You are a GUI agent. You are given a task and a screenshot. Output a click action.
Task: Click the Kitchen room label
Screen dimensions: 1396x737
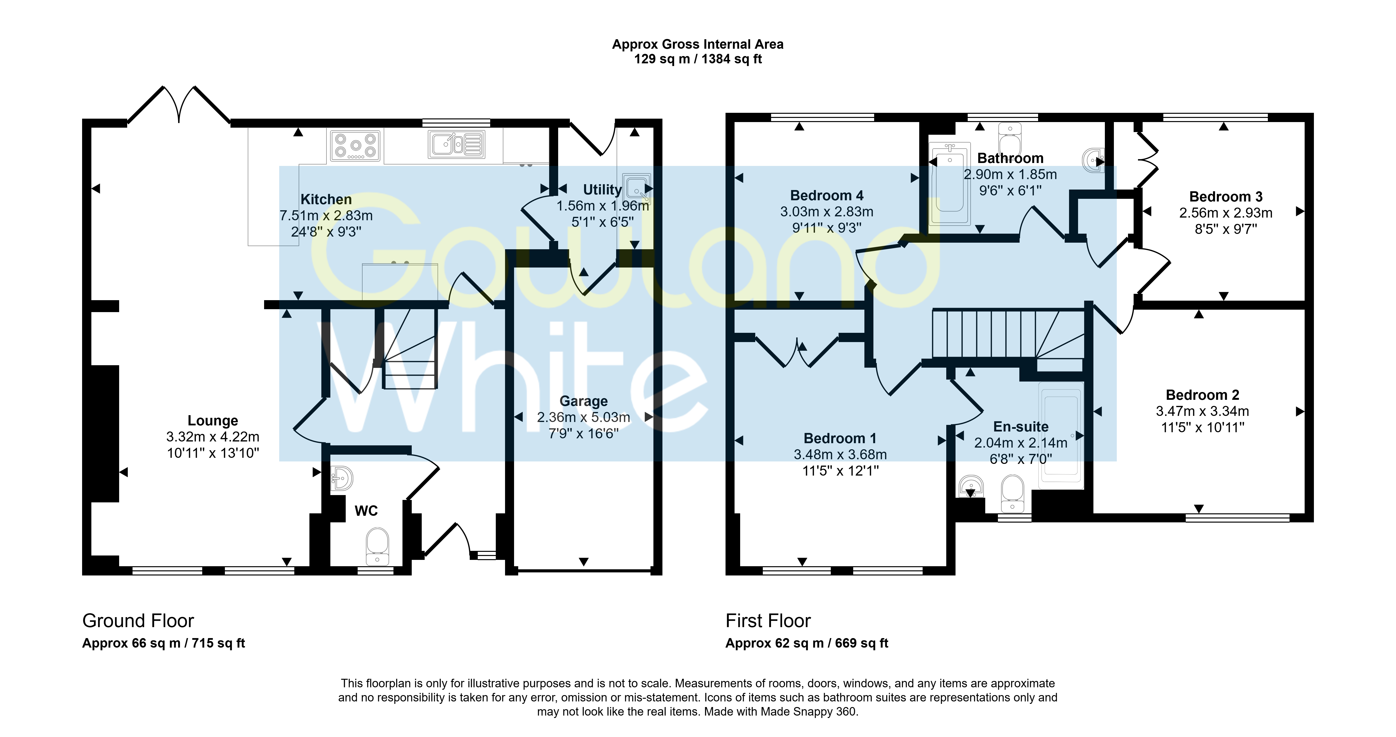pos(326,200)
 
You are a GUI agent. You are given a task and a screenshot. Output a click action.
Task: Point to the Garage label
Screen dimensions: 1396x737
pos(584,401)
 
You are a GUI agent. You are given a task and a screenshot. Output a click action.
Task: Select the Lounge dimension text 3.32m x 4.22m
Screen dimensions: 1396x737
pos(213,437)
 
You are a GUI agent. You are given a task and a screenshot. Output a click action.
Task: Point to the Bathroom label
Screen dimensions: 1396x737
pos(1010,158)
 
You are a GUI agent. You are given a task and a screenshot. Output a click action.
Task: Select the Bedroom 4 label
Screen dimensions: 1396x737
pos(827,196)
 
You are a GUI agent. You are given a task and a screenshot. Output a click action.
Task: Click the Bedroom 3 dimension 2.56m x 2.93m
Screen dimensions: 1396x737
pos(1226,213)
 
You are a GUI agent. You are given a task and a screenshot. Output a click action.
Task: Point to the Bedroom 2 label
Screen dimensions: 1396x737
pos(1203,395)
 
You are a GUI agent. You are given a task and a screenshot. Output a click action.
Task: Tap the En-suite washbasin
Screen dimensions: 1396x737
pos(971,486)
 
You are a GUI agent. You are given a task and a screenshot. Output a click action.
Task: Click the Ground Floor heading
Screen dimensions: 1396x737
pos(138,621)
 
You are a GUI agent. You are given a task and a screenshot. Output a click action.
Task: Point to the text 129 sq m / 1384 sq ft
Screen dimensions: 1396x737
pos(698,59)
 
